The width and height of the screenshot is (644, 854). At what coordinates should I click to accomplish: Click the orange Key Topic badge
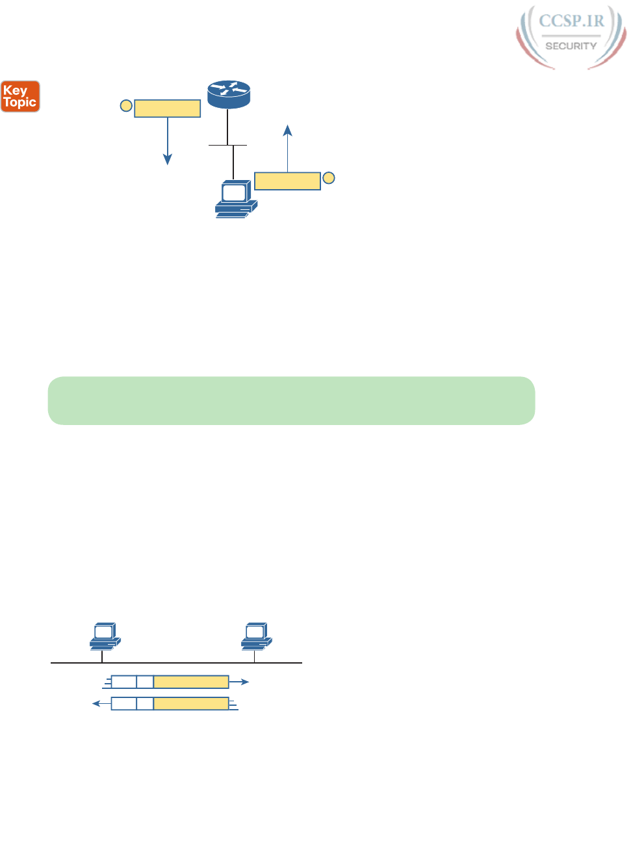point(20,96)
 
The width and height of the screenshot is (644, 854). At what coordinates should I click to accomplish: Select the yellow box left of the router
point(167,109)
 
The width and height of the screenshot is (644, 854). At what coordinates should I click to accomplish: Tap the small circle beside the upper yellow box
point(126,106)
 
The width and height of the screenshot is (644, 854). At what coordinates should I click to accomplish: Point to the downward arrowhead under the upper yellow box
point(168,159)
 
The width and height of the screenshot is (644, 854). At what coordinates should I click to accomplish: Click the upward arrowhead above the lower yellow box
point(287,129)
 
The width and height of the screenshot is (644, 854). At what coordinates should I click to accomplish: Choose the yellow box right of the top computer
point(287,181)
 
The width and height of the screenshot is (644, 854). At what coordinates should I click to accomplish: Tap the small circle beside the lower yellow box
point(329,177)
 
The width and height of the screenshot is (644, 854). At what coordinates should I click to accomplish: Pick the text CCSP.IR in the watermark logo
point(571,21)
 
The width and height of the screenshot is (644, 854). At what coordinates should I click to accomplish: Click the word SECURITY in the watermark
point(571,46)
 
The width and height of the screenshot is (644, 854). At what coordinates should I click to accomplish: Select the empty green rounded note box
point(291,400)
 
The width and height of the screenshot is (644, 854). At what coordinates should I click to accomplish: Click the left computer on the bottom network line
point(104,636)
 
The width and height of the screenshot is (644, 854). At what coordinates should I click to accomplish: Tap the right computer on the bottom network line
point(256,636)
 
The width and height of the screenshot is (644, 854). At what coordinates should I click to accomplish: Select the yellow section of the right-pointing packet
point(191,682)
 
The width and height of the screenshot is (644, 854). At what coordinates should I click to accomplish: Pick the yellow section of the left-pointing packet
point(191,703)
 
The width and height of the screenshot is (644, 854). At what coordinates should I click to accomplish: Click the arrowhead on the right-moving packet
point(245,682)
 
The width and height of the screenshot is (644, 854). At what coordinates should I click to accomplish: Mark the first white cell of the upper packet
point(124,682)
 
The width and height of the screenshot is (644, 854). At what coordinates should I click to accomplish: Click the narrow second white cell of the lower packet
point(145,703)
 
